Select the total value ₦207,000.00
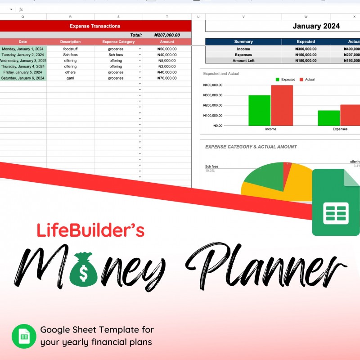(x=167, y=35)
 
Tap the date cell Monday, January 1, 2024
(x=23, y=49)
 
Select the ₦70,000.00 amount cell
(x=167, y=78)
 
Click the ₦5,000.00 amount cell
(x=167, y=60)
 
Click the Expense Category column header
(x=118, y=42)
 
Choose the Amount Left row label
(x=243, y=60)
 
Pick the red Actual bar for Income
(x=282, y=105)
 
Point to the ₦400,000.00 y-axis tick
(x=213, y=85)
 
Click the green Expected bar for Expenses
(x=328, y=118)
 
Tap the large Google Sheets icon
(x=336, y=203)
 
